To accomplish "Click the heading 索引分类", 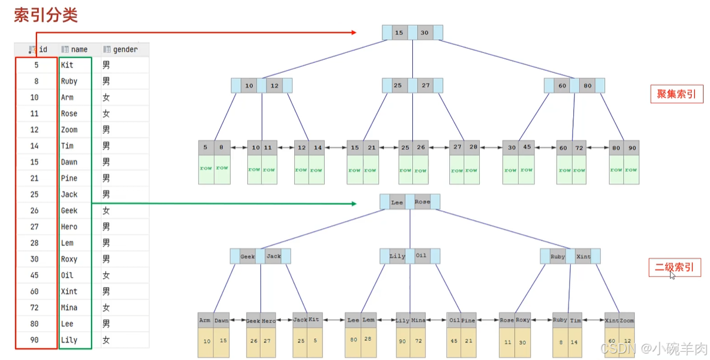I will [46, 15].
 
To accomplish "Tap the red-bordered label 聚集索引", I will [677, 94].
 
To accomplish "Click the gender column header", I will [125, 50].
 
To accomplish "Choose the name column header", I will [79, 50].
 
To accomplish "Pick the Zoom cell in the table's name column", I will [69, 130].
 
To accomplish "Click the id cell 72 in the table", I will [35, 308].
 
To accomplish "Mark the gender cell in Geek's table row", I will [106, 211].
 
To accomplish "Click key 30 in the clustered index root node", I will [424, 33].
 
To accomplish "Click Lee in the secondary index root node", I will [397, 202].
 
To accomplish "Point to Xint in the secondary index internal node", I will [583, 257].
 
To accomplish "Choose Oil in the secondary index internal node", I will [421, 256].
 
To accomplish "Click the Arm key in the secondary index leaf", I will [205, 321].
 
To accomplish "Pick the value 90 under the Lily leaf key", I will [403, 341].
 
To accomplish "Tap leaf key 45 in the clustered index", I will [526, 148].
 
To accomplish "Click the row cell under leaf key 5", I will [206, 169].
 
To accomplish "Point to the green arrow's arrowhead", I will [354, 204].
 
